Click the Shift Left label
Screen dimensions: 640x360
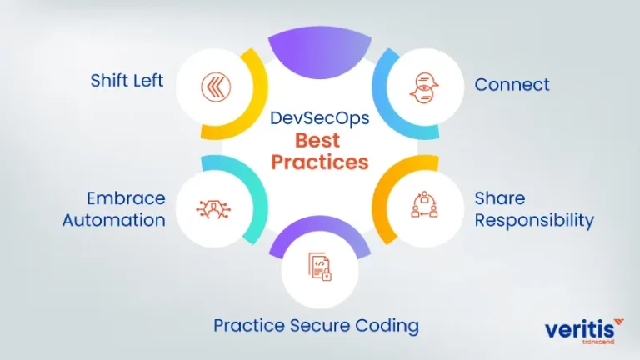(127, 80)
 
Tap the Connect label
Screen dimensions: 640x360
(512, 85)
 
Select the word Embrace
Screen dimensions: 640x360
(126, 198)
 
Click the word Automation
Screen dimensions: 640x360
(114, 220)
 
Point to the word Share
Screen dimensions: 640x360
(500, 198)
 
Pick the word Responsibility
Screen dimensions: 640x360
(534, 220)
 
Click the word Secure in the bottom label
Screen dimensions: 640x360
(320, 326)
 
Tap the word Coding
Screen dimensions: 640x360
(387, 326)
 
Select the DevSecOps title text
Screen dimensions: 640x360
(320, 118)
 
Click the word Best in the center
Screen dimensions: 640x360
(317, 140)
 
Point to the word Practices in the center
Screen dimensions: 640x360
(320, 162)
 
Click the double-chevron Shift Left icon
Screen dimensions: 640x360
(216, 87)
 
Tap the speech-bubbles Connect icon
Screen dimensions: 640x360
(424, 87)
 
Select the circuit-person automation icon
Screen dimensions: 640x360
(213, 209)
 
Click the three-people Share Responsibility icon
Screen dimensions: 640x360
(424, 204)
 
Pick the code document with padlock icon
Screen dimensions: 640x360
(320, 267)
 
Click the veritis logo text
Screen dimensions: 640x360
(580, 329)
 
